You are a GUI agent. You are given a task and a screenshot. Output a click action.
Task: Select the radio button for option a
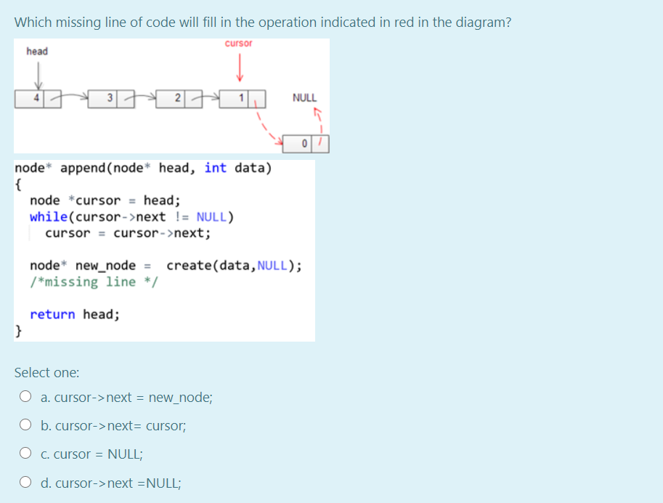pos(25,397)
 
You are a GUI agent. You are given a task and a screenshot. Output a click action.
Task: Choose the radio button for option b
pos(25,425)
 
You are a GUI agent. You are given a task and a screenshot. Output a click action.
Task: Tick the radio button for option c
pos(25,454)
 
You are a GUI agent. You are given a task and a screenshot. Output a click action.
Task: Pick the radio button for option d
pos(25,482)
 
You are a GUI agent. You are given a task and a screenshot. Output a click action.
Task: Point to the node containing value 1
pos(244,98)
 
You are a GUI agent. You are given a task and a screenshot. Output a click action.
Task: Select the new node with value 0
pos(310,143)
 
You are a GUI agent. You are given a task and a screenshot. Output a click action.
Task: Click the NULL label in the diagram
pos(304,97)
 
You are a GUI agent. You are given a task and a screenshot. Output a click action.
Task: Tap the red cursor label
pos(239,44)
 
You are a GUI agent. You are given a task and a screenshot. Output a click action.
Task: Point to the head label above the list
pos(37,52)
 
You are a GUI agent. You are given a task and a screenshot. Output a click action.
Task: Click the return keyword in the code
pos(52,314)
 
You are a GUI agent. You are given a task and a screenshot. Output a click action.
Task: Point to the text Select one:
pos(47,372)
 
